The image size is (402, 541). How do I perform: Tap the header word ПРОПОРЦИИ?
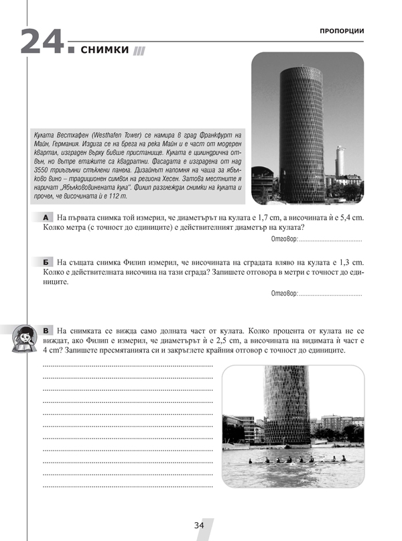click(x=342, y=31)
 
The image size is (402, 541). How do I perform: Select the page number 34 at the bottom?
click(x=199, y=525)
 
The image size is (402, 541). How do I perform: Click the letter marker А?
click(x=45, y=219)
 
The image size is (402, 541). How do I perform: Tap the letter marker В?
click(x=45, y=331)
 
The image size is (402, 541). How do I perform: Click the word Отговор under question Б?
click(x=283, y=294)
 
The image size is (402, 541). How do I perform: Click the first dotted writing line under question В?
click(x=127, y=366)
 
